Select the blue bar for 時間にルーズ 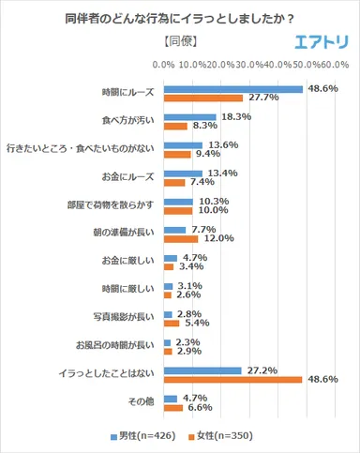(232, 89)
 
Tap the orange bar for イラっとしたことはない (232, 380)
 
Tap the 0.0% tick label (163, 65)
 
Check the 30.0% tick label (248, 65)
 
